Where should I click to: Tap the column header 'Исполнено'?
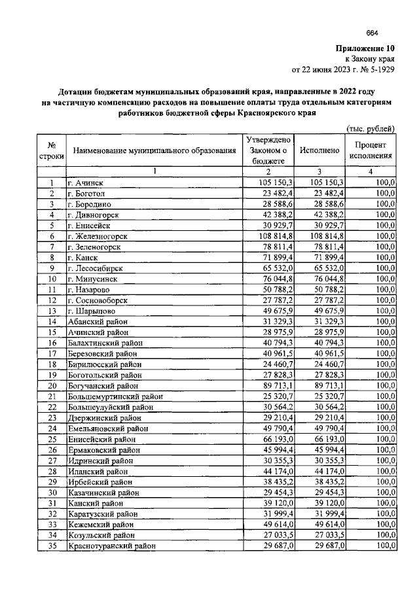(x=319, y=150)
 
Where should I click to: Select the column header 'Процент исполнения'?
(x=370, y=150)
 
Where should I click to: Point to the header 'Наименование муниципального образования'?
(x=155, y=151)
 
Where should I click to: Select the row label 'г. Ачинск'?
(x=88, y=182)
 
